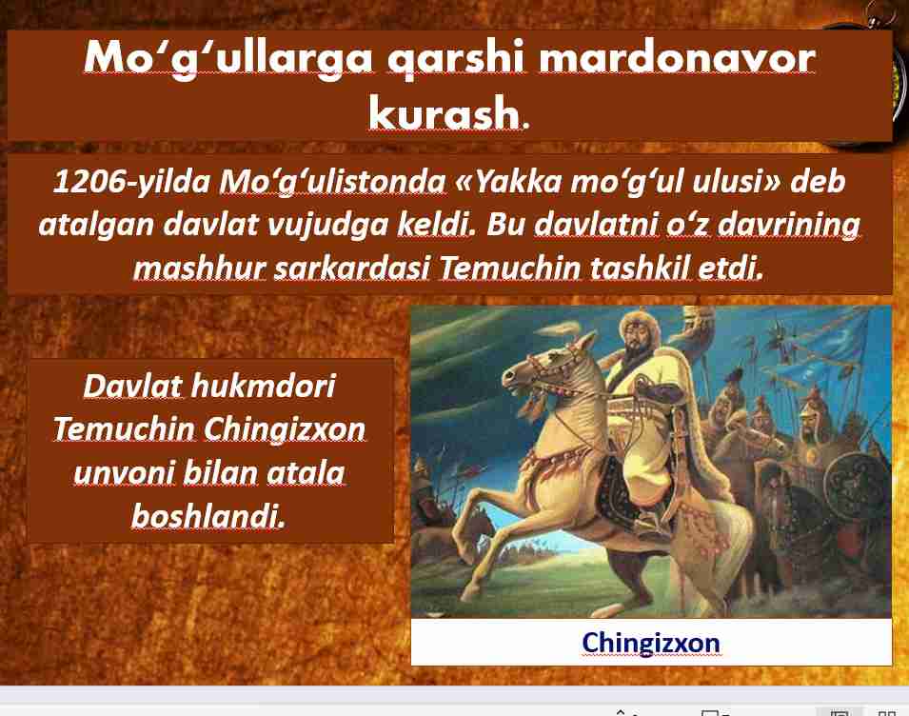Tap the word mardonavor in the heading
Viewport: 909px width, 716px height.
pyautogui.click(x=677, y=58)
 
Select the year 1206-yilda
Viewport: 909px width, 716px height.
pyautogui.click(x=131, y=182)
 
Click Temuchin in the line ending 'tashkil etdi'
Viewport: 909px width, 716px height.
pyautogui.click(x=509, y=268)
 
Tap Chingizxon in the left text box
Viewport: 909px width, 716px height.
pyautogui.click(x=285, y=429)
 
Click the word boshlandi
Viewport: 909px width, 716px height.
pyautogui.click(x=208, y=515)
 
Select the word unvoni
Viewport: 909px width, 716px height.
pyautogui.click(x=124, y=472)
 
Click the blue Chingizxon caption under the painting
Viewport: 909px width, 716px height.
pyautogui.click(x=651, y=643)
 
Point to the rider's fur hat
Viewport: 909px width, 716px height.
pyautogui.click(x=640, y=321)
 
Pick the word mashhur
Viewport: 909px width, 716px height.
pyautogui.click(x=200, y=268)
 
